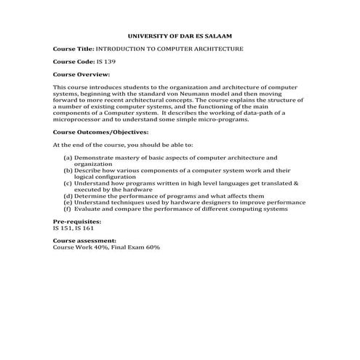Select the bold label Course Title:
[73, 48]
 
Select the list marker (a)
[68, 157]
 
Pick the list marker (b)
[68, 170]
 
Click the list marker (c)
[68, 183]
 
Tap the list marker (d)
[68, 196]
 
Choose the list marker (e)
[68, 202]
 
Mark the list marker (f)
[68, 209]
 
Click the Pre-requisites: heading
[77, 221]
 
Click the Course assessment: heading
[84, 241]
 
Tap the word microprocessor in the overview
[76, 119]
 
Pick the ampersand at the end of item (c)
[296, 183]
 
